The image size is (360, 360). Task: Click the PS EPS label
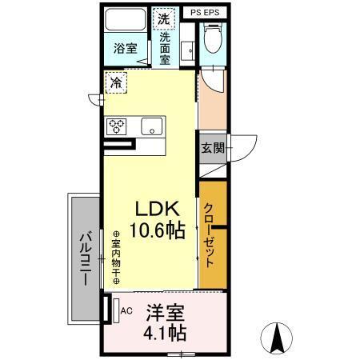(x=205, y=13)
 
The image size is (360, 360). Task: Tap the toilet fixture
(x=213, y=38)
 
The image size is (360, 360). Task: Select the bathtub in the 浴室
(x=125, y=20)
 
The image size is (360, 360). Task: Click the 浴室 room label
(x=125, y=48)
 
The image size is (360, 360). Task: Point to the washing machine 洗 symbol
(x=164, y=18)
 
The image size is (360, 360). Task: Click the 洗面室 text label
(x=165, y=49)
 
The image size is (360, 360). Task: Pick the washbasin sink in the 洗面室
(x=188, y=50)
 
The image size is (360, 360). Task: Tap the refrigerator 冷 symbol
(x=116, y=82)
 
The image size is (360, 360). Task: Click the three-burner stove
(x=116, y=126)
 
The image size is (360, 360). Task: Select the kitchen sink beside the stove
(x=152, y=126)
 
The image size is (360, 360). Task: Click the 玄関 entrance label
(x=213, y=147)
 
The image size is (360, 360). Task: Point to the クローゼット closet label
(x=209, y=235)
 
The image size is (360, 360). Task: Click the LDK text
(x=158, y=209)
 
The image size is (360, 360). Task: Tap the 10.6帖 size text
(x=158, y=230)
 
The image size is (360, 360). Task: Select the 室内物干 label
(x=116, y=258)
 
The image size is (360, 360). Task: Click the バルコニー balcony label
(x=86, y=259)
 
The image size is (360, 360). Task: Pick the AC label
(x=126, y=310)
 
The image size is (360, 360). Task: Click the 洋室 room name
(x=165, y=313)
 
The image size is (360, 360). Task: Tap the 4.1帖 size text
(x=165, y=333)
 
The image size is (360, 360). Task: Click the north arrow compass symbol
(x=276, y=338)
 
